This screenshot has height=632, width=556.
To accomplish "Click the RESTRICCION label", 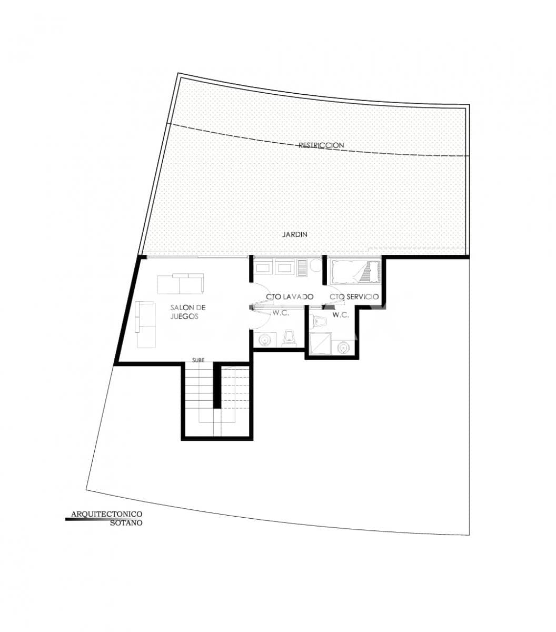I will [321, 145].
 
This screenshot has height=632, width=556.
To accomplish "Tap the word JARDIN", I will [294, 234].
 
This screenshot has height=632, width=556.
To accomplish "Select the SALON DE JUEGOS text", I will [184, 312].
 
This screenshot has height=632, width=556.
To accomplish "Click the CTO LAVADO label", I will [290, 297].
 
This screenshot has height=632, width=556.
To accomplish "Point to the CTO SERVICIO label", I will [354, 297].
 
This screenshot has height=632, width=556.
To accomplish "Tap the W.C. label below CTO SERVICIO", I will [341, 315].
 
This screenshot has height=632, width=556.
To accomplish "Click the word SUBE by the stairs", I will [198, 360].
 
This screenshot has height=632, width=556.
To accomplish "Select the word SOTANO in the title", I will [126, 523].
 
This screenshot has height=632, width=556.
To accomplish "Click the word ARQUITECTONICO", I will [106, 514].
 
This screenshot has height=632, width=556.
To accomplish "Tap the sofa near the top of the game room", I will [180, 284].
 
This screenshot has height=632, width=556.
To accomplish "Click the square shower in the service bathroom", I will [320, 343].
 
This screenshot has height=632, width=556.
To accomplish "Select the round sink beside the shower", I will [344, 347].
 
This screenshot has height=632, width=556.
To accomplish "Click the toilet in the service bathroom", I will [317, 322].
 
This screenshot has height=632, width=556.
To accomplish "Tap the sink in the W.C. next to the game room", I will [264, 340].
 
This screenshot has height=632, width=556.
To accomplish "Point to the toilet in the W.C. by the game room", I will [289, 338].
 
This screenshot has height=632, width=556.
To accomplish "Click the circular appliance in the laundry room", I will [315, 265].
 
